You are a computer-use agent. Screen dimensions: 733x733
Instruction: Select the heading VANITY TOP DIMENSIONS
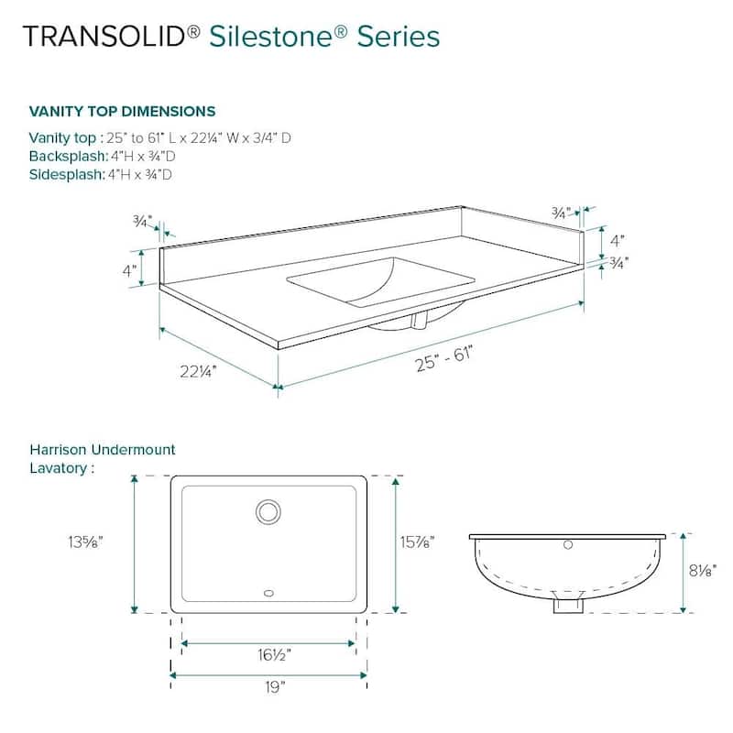coord(122,112)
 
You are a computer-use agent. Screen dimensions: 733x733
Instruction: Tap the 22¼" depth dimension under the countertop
coord(196,370)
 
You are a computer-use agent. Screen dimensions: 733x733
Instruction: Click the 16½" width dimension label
coord(268,656)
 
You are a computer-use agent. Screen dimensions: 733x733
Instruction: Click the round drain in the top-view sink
coord(268,511)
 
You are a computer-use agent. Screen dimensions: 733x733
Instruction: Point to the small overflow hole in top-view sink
coord(268,592)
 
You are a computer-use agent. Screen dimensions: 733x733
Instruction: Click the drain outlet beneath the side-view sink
coord(568,605)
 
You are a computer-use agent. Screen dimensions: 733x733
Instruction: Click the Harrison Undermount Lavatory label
coord(102,458)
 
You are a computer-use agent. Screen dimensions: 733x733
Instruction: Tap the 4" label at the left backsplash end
coord(129,270)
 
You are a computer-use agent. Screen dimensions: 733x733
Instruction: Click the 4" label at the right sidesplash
coord(618,242)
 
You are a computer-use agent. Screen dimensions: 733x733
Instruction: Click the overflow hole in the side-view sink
coord(568,546)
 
